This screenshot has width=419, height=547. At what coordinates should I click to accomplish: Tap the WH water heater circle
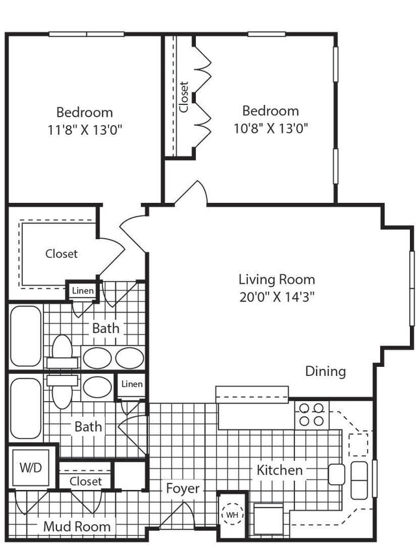pos(232,515)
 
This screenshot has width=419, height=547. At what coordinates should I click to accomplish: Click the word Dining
pos(326,371)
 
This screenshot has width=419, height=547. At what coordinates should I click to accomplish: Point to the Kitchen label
pos(280,470)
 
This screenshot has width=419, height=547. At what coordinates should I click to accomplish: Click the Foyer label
pos(182,488)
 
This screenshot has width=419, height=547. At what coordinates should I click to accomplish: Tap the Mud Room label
pos(77,526)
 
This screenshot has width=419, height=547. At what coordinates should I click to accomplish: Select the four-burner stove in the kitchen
pos(311,415)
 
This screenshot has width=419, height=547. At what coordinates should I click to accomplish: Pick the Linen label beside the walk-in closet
pos(83,291)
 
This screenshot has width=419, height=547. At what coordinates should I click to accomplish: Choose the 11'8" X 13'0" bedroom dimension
pos(84,129)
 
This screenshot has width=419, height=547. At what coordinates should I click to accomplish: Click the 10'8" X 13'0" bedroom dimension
pos(270,128)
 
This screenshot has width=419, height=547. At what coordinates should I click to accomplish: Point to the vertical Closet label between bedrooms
pos(184,97)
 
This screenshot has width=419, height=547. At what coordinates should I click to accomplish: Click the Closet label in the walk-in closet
pos(62,253)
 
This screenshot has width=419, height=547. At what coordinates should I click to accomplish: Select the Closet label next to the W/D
pos(86,482)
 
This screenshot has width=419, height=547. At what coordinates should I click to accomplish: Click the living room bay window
pos(411,287)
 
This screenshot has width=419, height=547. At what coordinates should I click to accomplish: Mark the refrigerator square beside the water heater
pos(268,518)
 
